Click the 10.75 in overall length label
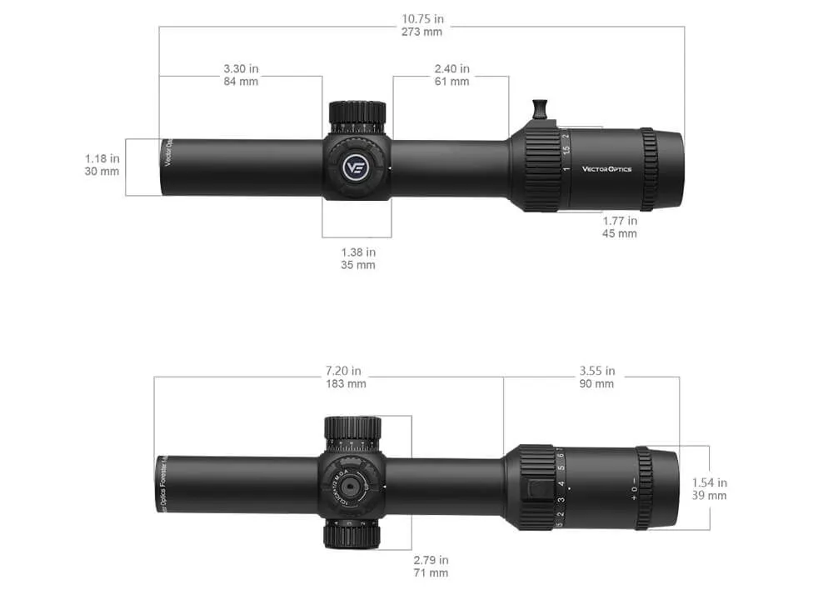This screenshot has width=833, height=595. tap(421, 18)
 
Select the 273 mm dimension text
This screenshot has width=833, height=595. tap(421, 32)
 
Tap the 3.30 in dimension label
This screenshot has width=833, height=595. tap(241, 68)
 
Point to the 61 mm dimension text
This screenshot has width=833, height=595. tap(451, 82)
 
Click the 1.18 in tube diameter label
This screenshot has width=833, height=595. tap(102, 158)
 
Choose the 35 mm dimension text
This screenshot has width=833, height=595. tap(357, 265)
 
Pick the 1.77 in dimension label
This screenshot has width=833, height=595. tap(620, 221)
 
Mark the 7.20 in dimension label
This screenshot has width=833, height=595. tap(344, 371)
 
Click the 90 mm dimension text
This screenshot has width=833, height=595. tap(596, 384)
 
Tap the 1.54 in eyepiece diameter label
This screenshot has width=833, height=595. tap(709, 482)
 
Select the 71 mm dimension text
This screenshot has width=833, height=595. tap(431, 573)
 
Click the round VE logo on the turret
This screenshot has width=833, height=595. tap(356, 166)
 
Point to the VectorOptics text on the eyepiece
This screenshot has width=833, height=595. tap(606, 169)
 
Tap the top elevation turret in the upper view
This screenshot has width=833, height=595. tap(357, 116)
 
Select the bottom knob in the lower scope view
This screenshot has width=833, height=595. tap(352, 532)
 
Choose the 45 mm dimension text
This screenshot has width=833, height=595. tap(620, 234)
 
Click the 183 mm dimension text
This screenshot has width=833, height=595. tap(344, 384)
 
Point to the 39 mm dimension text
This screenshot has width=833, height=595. tap(709, 496)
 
